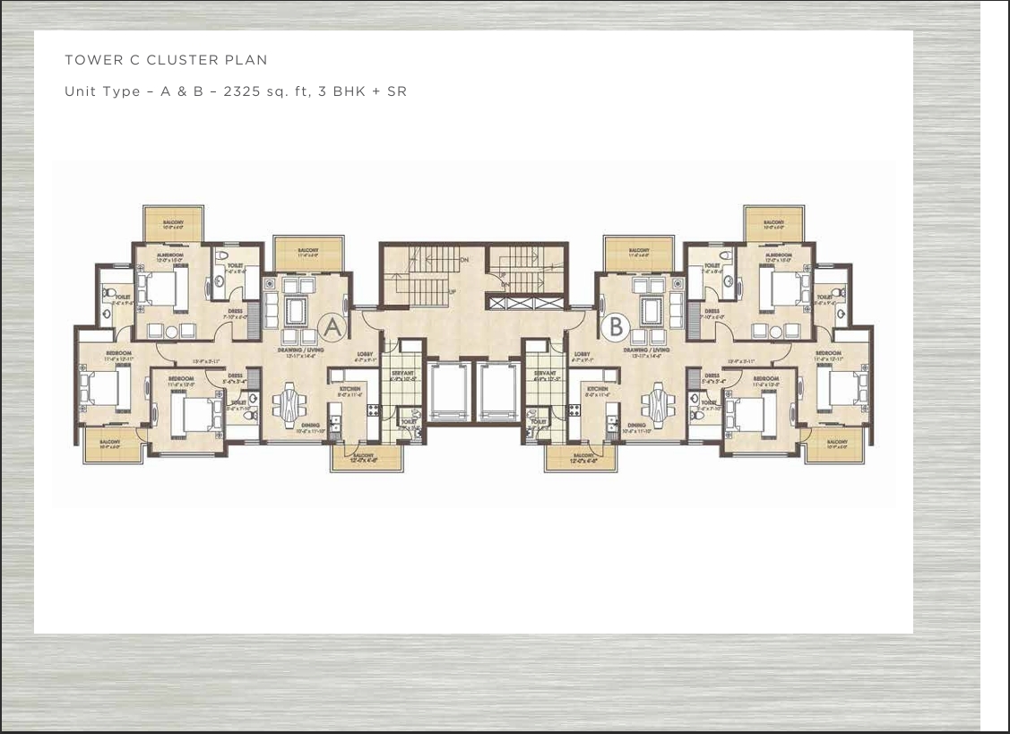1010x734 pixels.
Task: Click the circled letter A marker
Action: [332, 327]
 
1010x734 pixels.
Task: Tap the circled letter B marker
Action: [616, 327]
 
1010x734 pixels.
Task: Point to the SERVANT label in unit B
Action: [546, 373]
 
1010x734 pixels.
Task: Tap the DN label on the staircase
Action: [464, 260]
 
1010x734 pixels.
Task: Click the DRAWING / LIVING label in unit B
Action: [647, 350]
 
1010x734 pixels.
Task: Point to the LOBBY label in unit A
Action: [365, 355]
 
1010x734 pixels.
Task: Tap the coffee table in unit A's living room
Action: [296, 311]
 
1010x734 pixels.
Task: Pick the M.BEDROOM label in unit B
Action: [778, 255]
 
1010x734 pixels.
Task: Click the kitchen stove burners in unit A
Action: [374, 410]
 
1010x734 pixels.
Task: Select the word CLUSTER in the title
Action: [182, 60]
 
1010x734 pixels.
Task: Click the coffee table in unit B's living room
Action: [652, 311]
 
